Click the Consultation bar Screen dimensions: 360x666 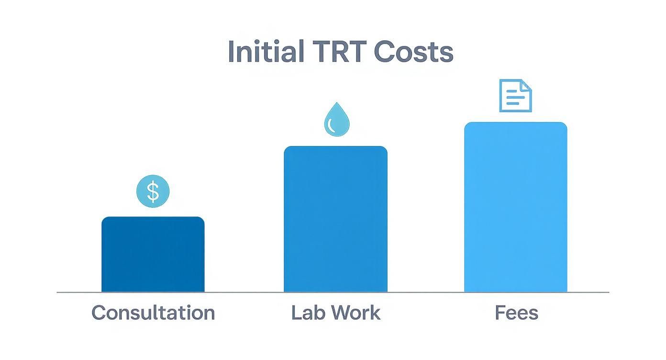click(153, 254)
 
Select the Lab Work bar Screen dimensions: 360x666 click(335, 219)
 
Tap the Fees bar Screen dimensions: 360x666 click(515, 207)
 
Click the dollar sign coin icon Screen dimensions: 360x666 click(153, 191)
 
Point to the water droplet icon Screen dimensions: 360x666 click(336, 120)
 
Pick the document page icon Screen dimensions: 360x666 click(515, 96)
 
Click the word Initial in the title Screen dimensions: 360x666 click(266, 51)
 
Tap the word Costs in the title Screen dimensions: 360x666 click(413, 51)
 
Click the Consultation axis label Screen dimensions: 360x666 click(153, 313)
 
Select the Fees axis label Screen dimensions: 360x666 click(516, 313)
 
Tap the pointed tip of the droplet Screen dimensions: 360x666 click(337, 103)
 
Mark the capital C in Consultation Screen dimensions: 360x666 click(99, 313)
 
